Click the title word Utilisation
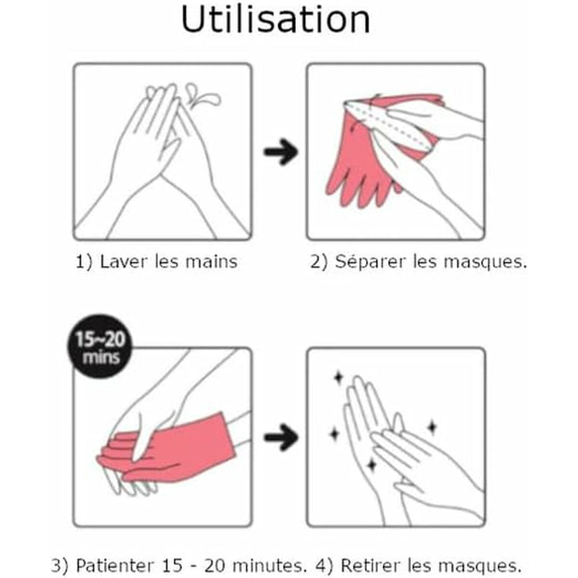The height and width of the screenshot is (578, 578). point(276,19)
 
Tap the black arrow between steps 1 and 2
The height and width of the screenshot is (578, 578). point(281,152)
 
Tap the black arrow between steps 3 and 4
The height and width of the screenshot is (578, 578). point(281,437)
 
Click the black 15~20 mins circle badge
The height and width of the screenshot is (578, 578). point(100,346)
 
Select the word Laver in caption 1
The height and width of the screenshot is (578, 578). point(123,261)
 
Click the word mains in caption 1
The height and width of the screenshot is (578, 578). point(211,261)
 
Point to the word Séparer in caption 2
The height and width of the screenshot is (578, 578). point(370,261)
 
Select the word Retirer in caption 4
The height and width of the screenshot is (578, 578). point(371,565)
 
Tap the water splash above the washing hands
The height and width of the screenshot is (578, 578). point(203,95)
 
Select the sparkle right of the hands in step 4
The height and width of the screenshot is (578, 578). point(432,427)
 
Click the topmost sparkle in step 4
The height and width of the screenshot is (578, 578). point(338,378)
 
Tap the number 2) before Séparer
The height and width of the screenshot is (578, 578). point(318,262)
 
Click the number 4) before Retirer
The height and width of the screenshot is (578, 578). point(324,566)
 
